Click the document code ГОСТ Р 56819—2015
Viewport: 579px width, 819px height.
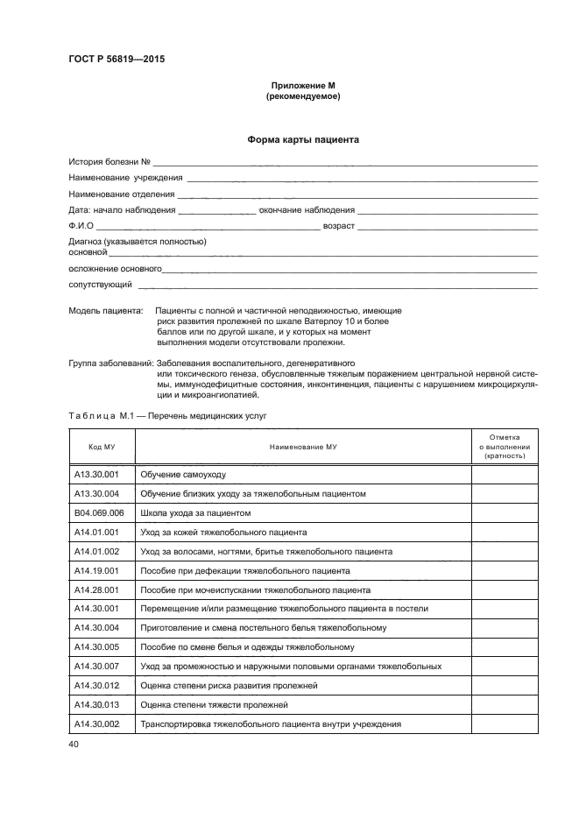pos(117,60)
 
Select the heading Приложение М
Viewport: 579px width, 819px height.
pos(302,86)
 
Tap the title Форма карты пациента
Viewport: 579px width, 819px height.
pos(302,139)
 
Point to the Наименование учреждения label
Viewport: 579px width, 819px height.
pos(125,178)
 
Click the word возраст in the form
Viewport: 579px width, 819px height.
pos(339,226)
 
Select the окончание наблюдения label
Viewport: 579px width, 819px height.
pos(307,210)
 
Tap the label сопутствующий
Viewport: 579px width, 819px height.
pos(101,285)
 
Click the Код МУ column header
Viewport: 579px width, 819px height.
pos(102,447)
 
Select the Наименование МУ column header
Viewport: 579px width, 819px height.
pos(303,447)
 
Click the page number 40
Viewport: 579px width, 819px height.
pos(74,744)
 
